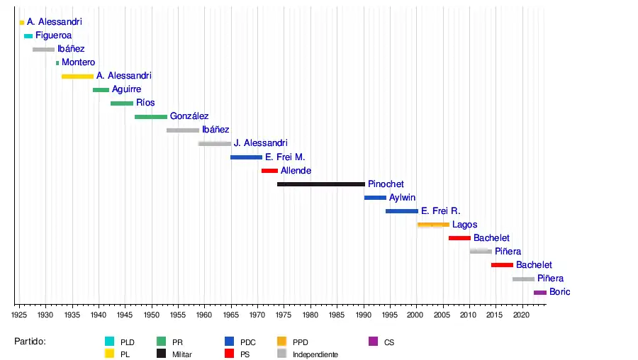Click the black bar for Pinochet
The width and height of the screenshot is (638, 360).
pos(320,184)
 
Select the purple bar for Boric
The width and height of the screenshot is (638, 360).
pos(540,292)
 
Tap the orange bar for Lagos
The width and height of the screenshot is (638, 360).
pos(433,225)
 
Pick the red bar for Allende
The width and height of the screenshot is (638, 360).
pos(269,171)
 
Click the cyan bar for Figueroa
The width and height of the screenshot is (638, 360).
pos(28,36)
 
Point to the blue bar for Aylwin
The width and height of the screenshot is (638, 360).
pos(375,198)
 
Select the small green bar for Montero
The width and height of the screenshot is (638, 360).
pos(57,63)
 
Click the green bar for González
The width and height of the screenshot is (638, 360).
pos(151,117)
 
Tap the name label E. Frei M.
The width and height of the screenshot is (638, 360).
pos(285,157)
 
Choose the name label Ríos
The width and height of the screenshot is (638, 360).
pos(145,103)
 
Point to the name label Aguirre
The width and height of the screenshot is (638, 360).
pos(126,90)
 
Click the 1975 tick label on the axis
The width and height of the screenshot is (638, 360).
pos(284,313)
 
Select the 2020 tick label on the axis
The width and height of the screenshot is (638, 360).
pos(522,313)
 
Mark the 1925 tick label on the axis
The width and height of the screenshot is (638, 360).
pos(19,313)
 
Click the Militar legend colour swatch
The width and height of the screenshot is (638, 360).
pos(162,353)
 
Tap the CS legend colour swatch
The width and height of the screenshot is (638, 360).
pos(374,341)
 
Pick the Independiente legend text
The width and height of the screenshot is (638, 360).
pos(315,354)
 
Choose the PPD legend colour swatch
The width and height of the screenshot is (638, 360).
pos(282,341)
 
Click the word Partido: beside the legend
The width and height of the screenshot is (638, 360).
pos(30,342)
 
